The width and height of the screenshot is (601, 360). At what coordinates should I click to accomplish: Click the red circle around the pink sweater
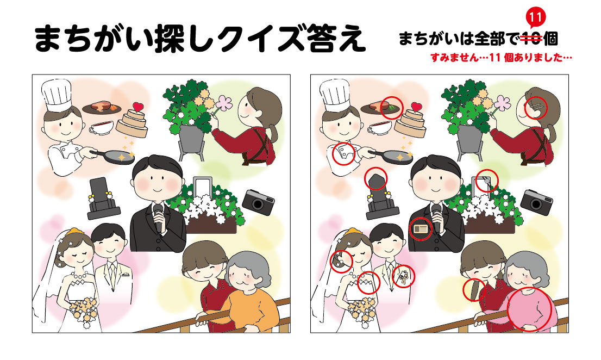tap(530, 310)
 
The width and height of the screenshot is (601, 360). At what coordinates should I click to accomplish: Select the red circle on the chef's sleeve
tap(343, 154)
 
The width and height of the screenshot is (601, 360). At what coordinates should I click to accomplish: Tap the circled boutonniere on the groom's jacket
tap(403, 276)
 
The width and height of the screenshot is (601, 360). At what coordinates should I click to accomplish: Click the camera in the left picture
tap(259, 201)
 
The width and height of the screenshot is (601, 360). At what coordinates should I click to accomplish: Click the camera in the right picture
tap(537, 201)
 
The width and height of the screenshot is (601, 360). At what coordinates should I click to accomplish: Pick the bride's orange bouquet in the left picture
tap(83, 312)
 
